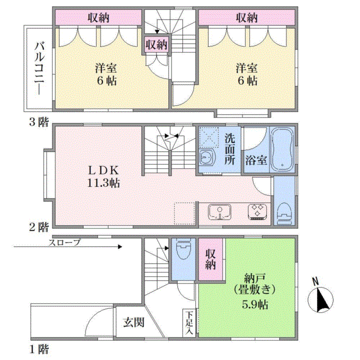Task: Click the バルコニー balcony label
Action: (39, 68)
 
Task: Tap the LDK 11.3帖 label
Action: (103, 177)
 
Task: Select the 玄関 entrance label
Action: (134, 322)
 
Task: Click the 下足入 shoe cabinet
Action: (189, 323)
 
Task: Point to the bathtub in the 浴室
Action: (282, 148)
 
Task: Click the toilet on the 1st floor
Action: (183, 249)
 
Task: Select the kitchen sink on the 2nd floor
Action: (219, 212)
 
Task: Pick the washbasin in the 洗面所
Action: (207, 157)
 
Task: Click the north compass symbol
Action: (320, 299)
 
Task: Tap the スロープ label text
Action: (64, 242)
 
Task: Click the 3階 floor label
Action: (39, 121)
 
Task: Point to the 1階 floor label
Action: (39, 349)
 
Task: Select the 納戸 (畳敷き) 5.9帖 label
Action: (255, 291)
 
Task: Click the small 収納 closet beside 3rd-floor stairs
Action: (156, 44)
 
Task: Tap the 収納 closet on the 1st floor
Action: (210, 259)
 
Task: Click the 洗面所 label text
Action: (229, 148)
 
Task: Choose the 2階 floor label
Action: (39, 227)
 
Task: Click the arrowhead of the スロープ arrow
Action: (120, 247)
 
